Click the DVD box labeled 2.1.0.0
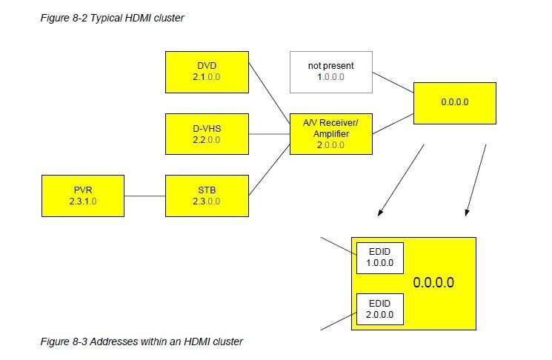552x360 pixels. point(206,73)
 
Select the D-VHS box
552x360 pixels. point(206,134)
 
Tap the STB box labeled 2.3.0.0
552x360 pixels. point(206,196)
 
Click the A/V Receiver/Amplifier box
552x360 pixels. point(330,134)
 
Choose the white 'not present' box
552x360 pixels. point(330,73)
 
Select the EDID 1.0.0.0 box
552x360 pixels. point(379,257)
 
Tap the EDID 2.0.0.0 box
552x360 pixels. point(379,309)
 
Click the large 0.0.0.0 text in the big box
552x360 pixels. point(433,283)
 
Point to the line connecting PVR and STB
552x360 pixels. point(145,196)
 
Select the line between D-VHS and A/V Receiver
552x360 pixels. point(268,134)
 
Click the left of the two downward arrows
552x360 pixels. point(401,181)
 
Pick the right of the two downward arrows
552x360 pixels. point(475,181)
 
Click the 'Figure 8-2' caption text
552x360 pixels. point(112,19)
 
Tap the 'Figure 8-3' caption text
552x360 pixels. point(142,341)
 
